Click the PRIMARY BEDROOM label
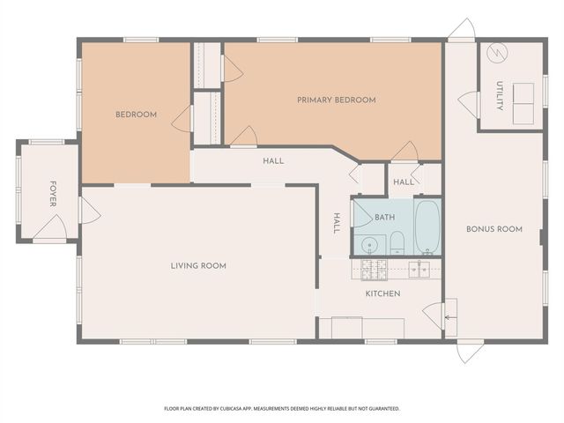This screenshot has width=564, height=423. pos(336,100)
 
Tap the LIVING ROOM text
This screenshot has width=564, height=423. pos(198,265)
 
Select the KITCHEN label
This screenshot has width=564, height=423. pos(383,293)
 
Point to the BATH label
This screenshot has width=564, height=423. pos(384,217)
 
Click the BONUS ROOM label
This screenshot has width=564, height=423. pos(493,228)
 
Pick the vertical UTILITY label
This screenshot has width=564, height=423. pos(500,96)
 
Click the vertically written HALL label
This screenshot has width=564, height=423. pos(336,223)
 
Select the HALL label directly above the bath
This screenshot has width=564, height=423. pos(404,182)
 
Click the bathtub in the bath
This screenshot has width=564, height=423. pos(427,226)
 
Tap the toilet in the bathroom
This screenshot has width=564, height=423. pos(397,242)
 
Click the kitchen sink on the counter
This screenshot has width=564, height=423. pos(422,268)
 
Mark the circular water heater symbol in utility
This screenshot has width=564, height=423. pos(498,54)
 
